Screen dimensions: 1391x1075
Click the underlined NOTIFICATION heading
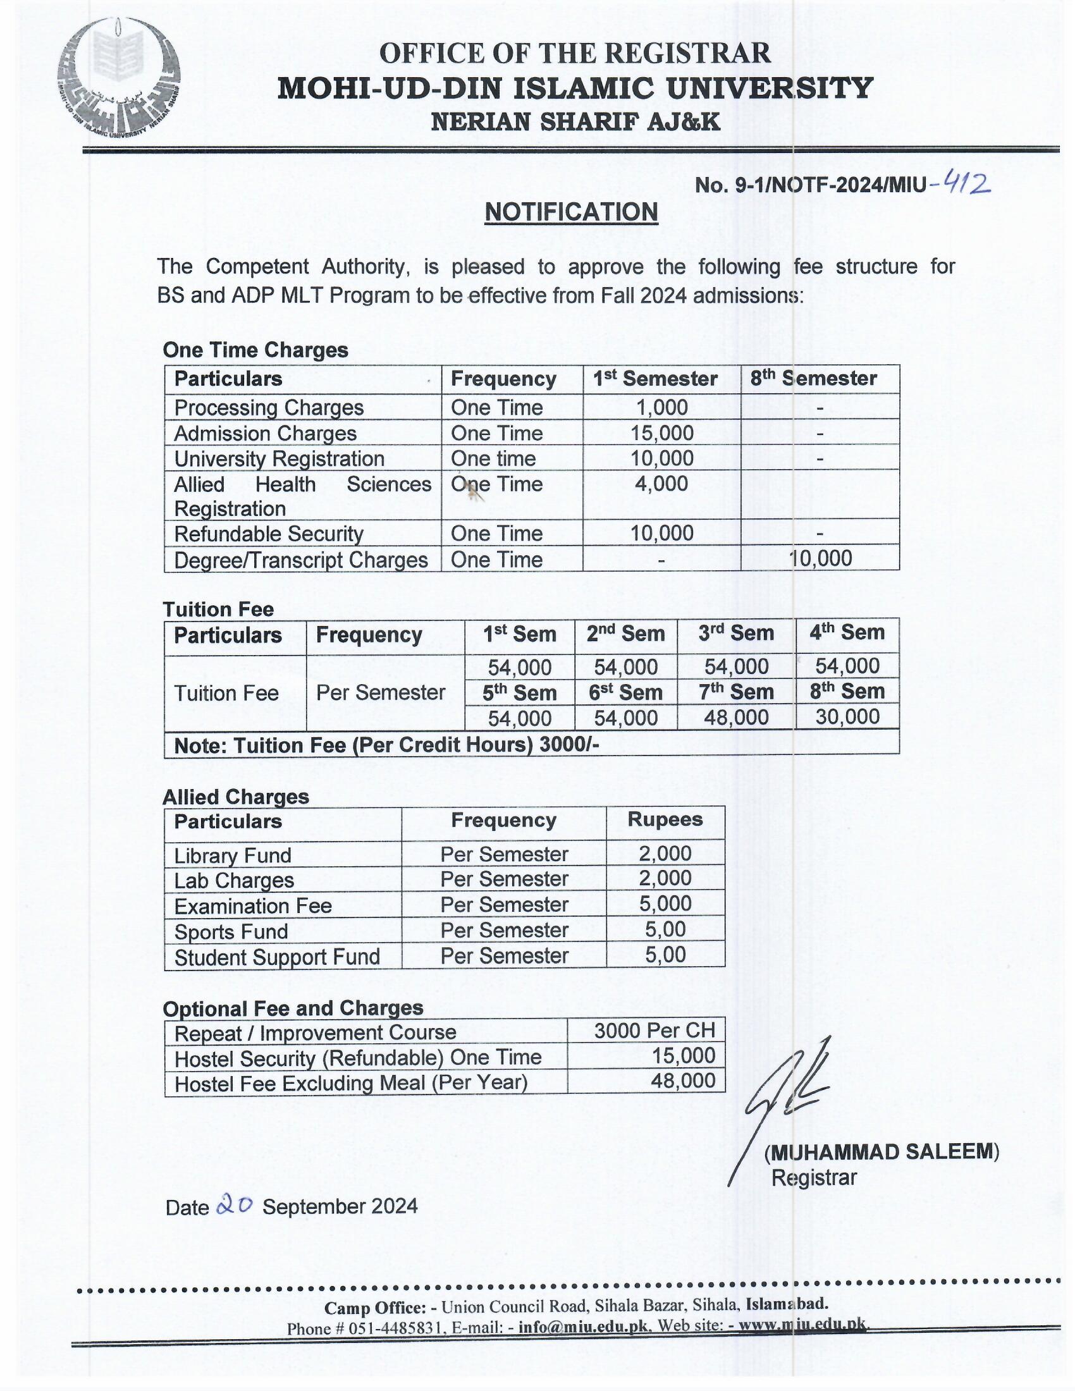(570, 212)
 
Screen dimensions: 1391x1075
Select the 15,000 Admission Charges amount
(661, 433)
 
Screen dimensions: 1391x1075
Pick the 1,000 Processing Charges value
(661, 407)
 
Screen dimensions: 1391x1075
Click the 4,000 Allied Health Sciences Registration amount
(661, 484)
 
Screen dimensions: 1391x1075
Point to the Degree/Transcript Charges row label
(300, 560)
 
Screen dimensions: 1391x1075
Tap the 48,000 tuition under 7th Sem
(736, 718)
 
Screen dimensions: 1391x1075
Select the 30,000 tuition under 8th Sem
(847, 716)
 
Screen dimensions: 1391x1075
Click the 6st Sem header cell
(625, 692)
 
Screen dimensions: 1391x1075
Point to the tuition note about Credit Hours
(386, 745)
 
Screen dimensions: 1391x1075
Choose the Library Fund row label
(233, 855)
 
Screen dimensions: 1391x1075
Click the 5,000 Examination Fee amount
(665, 904)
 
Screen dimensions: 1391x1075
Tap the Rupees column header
(665, 819)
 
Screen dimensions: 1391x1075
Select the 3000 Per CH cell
(654, 1031)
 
